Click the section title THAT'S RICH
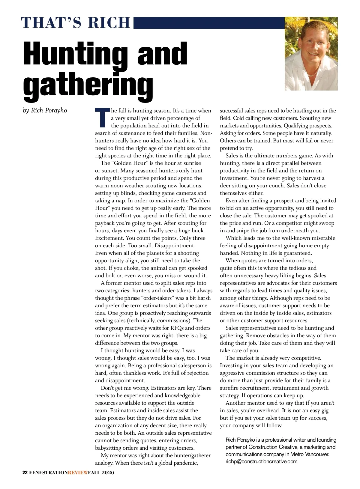pyautogui.click(x=76, y=23)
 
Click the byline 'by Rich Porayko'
pyautogui.click(x=45, y=110)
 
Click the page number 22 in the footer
pyautogui.click(x=25, y=473)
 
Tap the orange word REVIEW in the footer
pyautogui.click(x=78, y=473)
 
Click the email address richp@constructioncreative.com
pyautogui.click(x=261, y=461)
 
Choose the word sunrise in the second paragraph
pyautogui.click(x=191, y=163)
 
